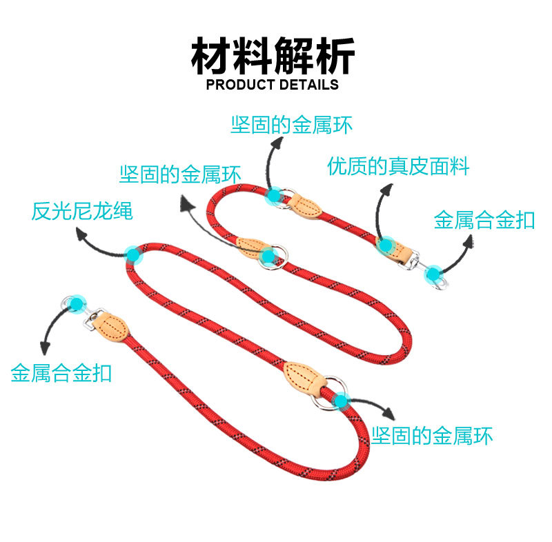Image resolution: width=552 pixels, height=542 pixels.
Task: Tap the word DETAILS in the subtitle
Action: [x=308, y=85]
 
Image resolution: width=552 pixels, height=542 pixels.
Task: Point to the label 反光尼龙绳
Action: [x=81, y=211]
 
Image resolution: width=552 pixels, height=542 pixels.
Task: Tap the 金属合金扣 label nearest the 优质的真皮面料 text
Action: [x=484, y=220]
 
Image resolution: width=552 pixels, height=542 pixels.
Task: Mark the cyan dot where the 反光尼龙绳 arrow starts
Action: [x=133, y=255]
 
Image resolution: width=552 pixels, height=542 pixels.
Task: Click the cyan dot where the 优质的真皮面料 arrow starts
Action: [x=386, y=244]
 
